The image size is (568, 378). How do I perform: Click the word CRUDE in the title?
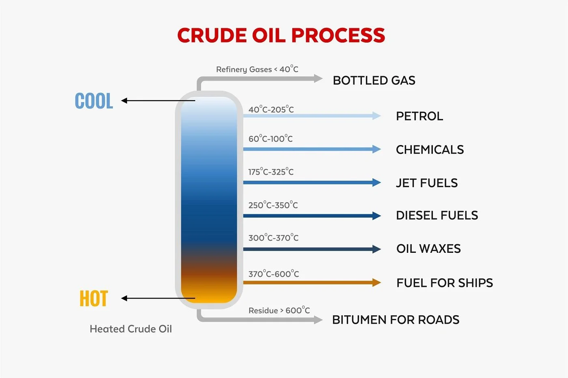pos(212,35)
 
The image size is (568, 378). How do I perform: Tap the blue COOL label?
pos(94,101)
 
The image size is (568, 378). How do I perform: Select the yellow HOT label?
pos(94,298)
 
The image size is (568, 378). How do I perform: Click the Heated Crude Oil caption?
pos(131,329)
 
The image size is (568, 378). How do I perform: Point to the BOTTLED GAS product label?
pos(374,81)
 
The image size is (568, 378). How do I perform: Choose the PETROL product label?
pos(420,116)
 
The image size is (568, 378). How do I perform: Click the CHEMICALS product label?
pos(430,149)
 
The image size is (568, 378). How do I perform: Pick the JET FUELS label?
pos(427,183)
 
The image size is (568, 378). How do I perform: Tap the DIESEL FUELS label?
pos(437,216)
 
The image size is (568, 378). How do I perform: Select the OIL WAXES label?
pos(428,249)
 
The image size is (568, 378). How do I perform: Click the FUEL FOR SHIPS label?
pos(445,283)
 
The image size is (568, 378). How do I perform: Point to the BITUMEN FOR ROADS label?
pos(396,320)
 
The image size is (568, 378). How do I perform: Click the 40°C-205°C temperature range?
pos(271,109)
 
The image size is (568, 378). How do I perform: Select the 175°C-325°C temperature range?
pos(271,172)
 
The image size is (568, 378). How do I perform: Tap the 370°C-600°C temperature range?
pos(273,273)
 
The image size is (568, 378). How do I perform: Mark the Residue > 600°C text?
pos(279,310)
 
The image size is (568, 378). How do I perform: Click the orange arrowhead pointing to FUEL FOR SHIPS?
pos(377,282)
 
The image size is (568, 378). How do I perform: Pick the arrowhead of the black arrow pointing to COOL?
pos(124,100)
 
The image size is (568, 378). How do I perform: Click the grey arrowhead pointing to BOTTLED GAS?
pos(318,78)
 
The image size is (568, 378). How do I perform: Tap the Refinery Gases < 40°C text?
pos(257,69)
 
